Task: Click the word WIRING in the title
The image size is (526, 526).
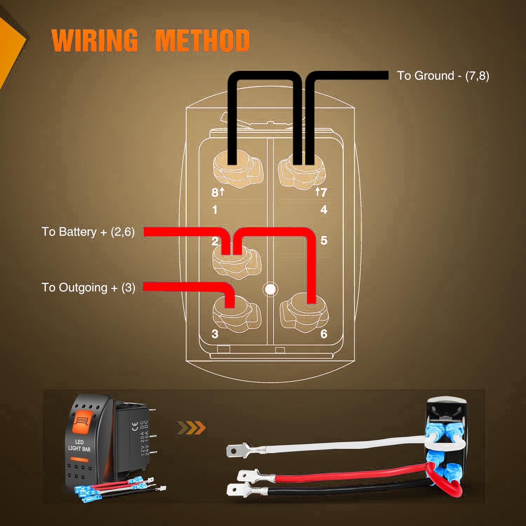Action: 95,40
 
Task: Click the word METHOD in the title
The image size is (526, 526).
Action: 202,40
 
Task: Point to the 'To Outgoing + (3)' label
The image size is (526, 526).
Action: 88,288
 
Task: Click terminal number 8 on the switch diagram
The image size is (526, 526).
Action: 215,192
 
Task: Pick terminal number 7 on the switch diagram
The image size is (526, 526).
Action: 323,192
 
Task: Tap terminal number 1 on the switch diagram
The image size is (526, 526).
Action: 215,210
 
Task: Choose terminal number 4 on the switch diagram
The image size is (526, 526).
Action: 324,210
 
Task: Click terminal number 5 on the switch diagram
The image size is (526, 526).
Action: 324,241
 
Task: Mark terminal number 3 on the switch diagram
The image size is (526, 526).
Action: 215,334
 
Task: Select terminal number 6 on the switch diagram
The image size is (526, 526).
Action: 324,334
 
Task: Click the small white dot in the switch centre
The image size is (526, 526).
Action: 270,289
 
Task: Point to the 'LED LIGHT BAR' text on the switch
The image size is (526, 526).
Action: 79,445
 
